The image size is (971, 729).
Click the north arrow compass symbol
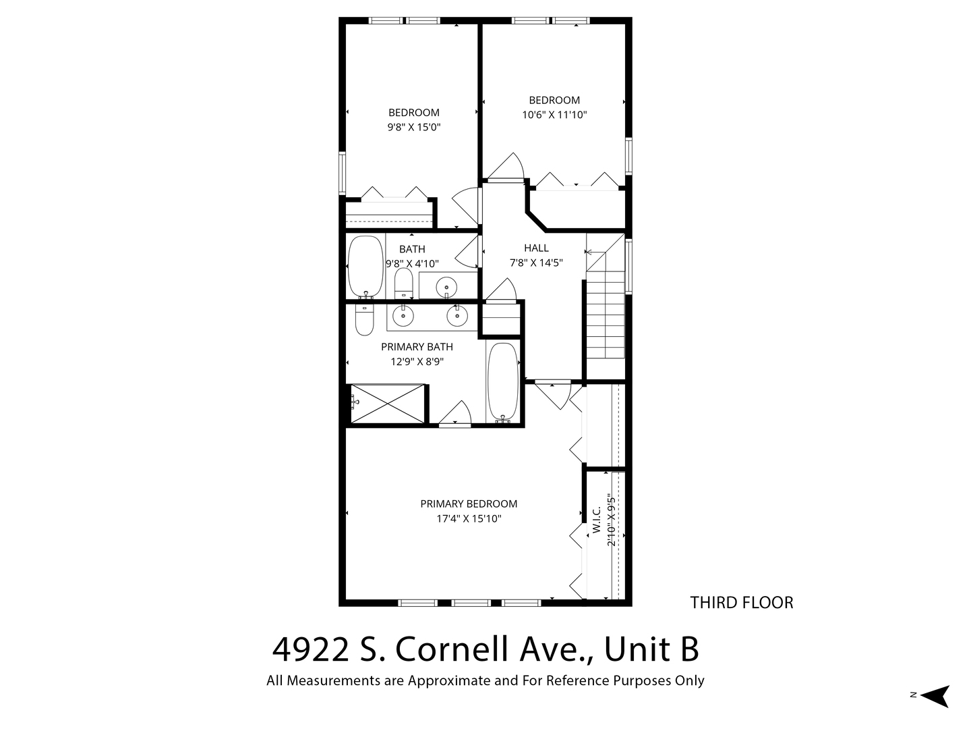click(937, 696)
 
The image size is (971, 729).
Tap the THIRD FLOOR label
click(742, 602)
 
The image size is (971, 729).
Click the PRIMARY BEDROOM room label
click(469, 504)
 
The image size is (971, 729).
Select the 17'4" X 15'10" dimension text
click(469, 518)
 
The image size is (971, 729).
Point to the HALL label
click(536, 248)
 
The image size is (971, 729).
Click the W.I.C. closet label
click(596, 520)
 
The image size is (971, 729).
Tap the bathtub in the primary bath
click(503, 381)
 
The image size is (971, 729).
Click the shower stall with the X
click(388, 403)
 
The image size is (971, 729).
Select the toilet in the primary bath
click(365, 319)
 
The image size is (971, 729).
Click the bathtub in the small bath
click(366, 267)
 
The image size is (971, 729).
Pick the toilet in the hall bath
click(403, 283)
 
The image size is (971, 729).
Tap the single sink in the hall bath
click(446, 288)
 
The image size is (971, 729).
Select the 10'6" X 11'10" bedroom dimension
click(554, 115)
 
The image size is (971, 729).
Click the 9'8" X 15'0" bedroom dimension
click(414, 128)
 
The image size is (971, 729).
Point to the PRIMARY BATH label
click(417, 346)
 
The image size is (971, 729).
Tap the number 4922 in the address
click(311, 650)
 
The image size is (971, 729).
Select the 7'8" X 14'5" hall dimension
click(536, 263)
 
